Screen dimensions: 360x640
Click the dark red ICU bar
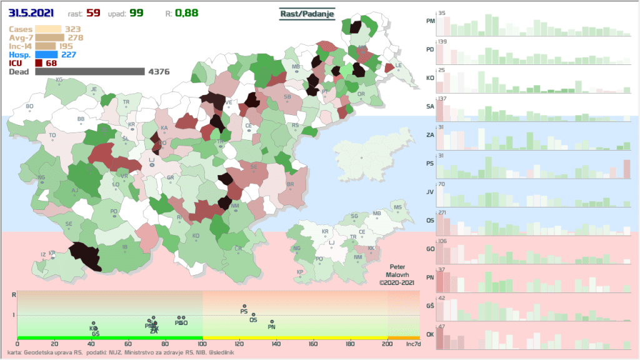39,63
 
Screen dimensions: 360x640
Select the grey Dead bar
90,72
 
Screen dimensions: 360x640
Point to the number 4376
159,72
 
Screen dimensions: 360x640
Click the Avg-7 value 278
76,37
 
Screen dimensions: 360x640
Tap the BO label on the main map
29,106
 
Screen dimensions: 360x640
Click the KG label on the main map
59,80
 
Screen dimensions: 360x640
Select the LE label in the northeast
398,65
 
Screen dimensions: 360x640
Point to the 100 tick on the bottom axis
202,344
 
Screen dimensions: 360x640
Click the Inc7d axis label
412,344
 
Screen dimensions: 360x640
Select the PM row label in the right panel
430,21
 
